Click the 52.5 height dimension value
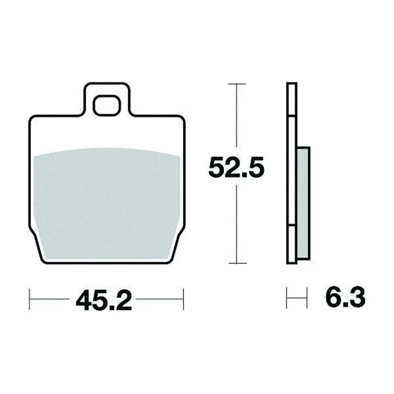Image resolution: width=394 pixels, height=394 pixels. click(x=236, y=166)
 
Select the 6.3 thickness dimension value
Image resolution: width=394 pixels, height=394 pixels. click(x=345, y=298)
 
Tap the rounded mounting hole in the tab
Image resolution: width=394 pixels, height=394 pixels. click(x=107, y=105)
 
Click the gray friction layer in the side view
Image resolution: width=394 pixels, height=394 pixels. click(x=303, y=203)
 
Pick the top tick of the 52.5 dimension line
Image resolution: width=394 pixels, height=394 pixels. click(x=237, y=84)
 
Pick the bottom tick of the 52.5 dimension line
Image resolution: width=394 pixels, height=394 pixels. click(x=237, y=263)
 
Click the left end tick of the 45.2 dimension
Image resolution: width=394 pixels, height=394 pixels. click(x=30, y=299)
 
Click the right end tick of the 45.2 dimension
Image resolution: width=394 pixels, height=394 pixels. click(x=183, y=299)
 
